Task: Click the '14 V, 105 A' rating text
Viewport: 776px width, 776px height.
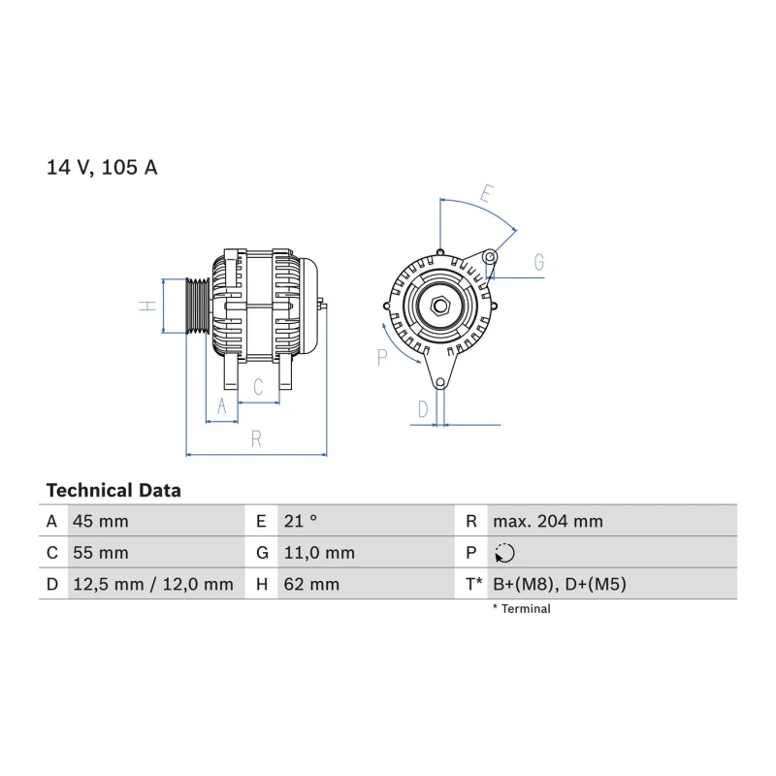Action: click(x=102, y=167)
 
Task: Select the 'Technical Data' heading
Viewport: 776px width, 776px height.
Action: click(x=113, y=491)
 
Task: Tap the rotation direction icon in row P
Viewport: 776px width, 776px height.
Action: click(x=504, y=553)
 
